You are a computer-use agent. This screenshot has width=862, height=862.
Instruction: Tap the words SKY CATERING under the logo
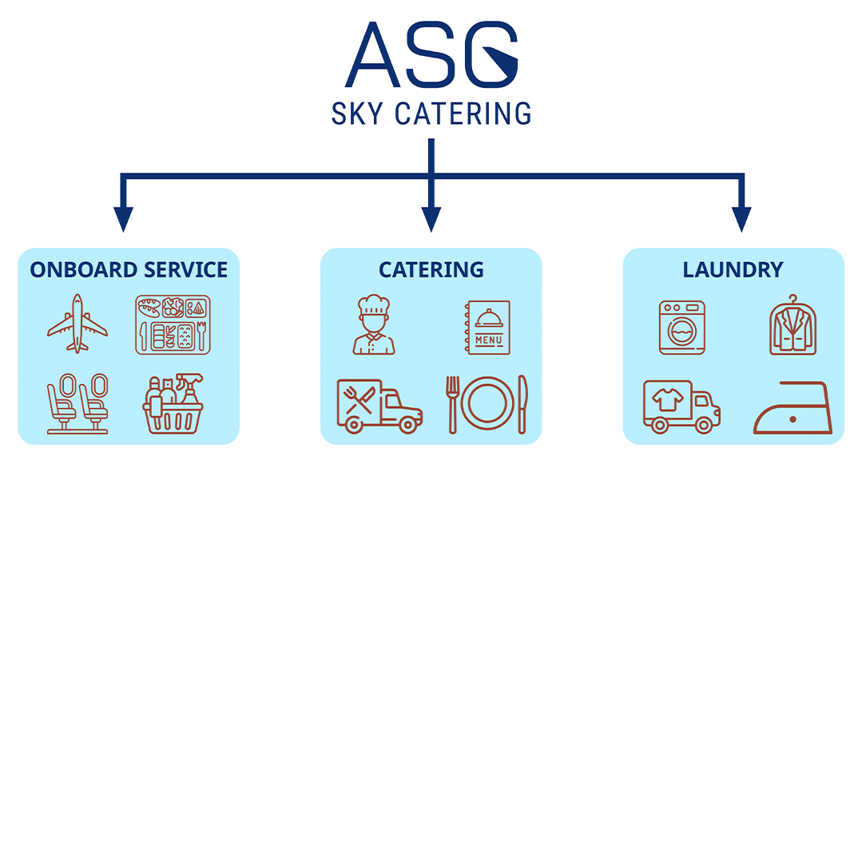coord(431,113)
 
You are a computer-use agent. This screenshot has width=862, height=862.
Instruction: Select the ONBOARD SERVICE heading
coord(129,270)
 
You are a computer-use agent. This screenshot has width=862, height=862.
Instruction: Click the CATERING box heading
coord(431,270)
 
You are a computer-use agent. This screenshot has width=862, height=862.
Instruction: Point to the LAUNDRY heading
coord(733,270)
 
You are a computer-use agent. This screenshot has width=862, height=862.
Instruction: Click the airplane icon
coord(77,324)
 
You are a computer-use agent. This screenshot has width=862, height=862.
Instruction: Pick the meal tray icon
coord(173,324)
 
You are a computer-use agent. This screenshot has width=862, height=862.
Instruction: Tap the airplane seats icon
coord(77,403)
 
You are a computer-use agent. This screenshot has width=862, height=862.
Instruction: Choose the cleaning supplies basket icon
coord(173,404)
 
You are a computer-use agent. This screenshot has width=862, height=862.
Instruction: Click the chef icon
coord(373,325)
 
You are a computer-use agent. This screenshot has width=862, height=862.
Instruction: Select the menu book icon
coord(488,327)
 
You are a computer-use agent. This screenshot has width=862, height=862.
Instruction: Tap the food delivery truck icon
coord(379,406)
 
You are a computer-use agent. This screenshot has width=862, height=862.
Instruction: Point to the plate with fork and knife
coord(487,403)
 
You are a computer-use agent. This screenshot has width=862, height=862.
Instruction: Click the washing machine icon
coord(681,327)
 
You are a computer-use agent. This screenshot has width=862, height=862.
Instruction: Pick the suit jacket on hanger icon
coord(793,325)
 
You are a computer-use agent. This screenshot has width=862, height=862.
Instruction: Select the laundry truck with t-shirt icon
coord(681,407)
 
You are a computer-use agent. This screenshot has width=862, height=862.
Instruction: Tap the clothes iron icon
coord(792,409)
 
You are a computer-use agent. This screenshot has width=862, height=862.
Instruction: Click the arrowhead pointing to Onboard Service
coord(123,219)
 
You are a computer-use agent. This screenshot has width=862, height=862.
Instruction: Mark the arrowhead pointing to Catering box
coord(431,219)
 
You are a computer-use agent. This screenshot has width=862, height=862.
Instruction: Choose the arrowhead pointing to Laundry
coord(741,219)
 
